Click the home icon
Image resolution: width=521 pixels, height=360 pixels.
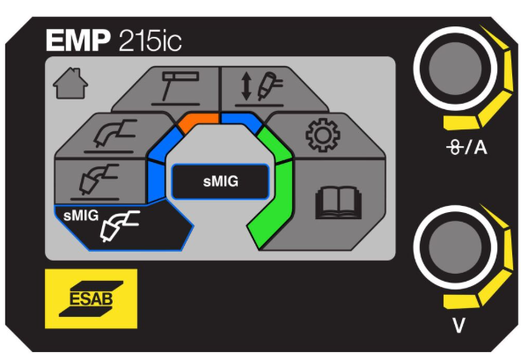click(x=70, y=84)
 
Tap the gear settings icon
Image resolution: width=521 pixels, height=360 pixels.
click(x=323, y=135)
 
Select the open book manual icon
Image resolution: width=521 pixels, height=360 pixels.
click(x=338, y=202)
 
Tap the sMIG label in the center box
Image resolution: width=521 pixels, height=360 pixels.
click(x=221, y=181)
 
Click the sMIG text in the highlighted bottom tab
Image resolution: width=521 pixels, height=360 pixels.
click(x=81, y=216)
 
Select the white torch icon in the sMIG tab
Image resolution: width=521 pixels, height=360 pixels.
click(x=120, y=225)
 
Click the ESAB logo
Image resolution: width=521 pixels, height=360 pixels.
click(x=91, y=298)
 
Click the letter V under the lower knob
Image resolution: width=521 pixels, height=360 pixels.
click(x=459, y=325)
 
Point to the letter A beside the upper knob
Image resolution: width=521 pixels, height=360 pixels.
click(x=481, y=147)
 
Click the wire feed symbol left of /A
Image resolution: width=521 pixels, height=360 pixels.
click(x=455, y=147)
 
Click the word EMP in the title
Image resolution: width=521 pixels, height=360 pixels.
click(x=78, y=40)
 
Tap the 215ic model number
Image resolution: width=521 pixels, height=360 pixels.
click(x=150, y=40)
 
